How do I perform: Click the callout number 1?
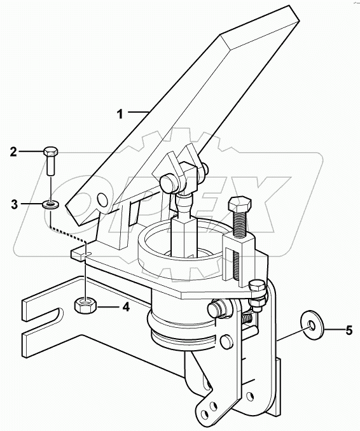tap(120, 114)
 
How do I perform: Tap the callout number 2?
tap(13, 152)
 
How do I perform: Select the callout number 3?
tap(14, 204)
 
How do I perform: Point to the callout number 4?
tap(125, 307)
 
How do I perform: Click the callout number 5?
tap(349, 330)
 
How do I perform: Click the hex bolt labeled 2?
tap(50, 161)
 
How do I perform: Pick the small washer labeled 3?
tap(50, 205)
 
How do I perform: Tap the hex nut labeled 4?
tap(85, 305)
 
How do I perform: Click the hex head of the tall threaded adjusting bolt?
tap(240, 204)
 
